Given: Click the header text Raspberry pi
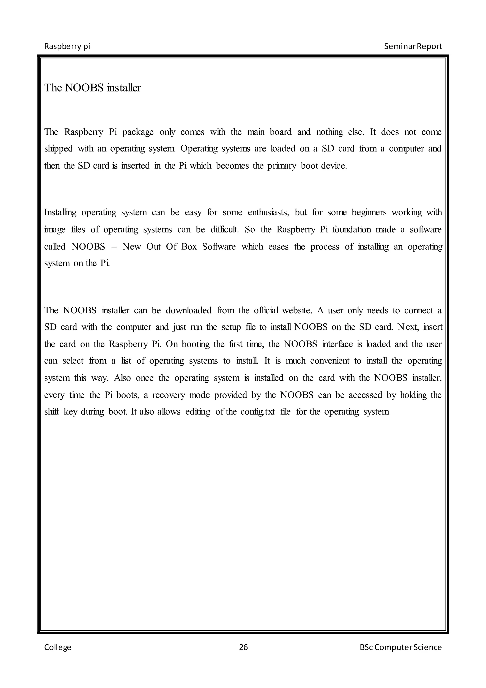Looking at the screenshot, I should [67, 47].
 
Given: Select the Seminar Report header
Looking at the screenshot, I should [413, 47].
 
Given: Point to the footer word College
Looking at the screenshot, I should [58, 648].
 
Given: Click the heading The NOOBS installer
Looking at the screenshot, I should [93, 88].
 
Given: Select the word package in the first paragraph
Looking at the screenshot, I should [138, 132].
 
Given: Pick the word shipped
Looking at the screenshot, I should [58, 149].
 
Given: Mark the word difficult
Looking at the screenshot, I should [224, 229].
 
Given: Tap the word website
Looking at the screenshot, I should [296, 311].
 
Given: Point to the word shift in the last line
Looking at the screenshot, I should [51, 412].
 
